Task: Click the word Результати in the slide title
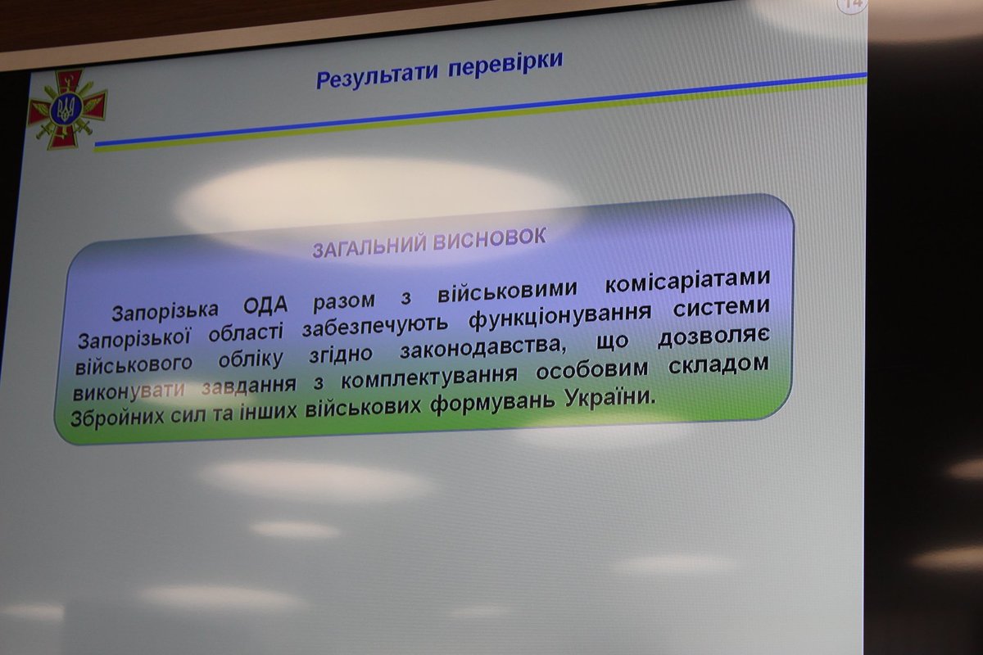[x=377, y=75]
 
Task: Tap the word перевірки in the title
[x=505, y=66]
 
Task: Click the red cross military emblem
[x=66, y=108]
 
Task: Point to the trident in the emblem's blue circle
[x=66, y=109]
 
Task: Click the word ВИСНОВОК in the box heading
[x=489, y=239]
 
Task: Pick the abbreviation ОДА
[x=265, y=305]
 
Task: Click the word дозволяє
[x=713, y=338]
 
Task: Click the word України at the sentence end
[x=611, y=399]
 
